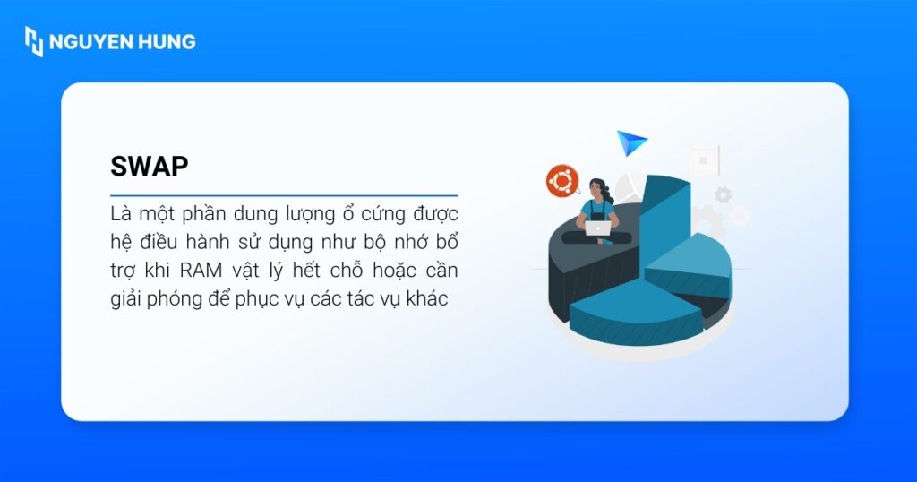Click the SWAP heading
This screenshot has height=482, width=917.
pyautogui.click(x=150, y=167)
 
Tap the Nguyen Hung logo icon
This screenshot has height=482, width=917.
pyautogui.click(x=34, y=41)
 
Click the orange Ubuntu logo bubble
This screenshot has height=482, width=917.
pyautogui.click(x=562, y=180)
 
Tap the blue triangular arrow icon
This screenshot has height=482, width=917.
pyautogui.click(x=630, y=142)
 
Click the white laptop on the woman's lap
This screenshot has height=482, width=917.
pyautogui.click(x=598, y=228)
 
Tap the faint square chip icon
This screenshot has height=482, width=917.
pyautogui.click(x=705, y=160)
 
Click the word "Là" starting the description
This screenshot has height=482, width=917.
pyautogui.click(x=120, y=215)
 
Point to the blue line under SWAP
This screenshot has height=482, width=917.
pyautogui.click(x=284, y=195)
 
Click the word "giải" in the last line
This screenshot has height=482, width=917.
pyautogui.click(x=127, y=299)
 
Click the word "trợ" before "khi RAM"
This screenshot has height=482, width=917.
pyautogui.click(x=124, y=271)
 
